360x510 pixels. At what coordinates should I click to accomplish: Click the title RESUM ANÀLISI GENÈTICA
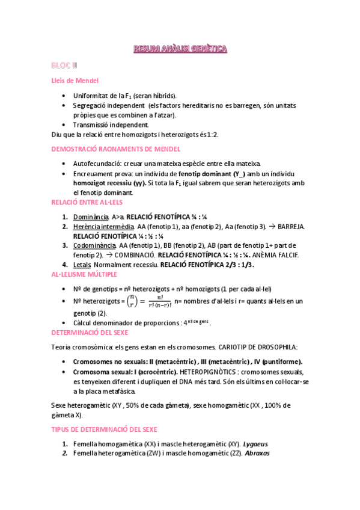tap(180, 49)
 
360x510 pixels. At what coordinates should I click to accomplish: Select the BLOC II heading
tap(64, 65)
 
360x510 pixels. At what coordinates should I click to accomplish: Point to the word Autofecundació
tap(93, 164)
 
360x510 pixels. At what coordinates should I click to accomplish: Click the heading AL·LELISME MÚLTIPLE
tap(84, 274)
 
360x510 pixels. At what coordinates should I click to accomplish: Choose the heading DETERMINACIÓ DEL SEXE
tap(95, 332)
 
